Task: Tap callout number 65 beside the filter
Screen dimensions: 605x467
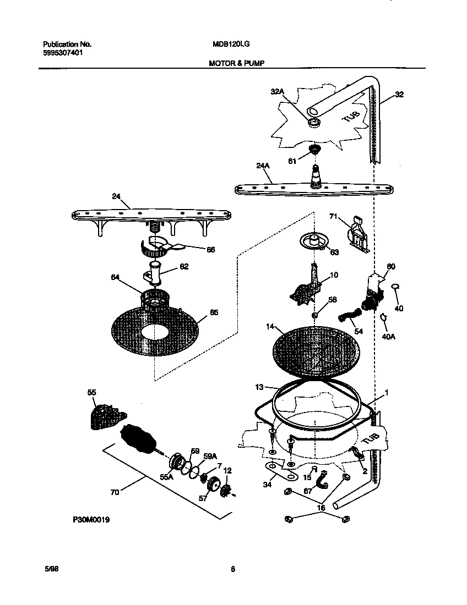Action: tap(214, 313)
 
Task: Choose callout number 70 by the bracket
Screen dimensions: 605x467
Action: tap(115, 493)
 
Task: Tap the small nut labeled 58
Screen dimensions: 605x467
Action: tap(314, 315)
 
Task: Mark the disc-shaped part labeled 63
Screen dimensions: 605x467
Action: tap(313, 241)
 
